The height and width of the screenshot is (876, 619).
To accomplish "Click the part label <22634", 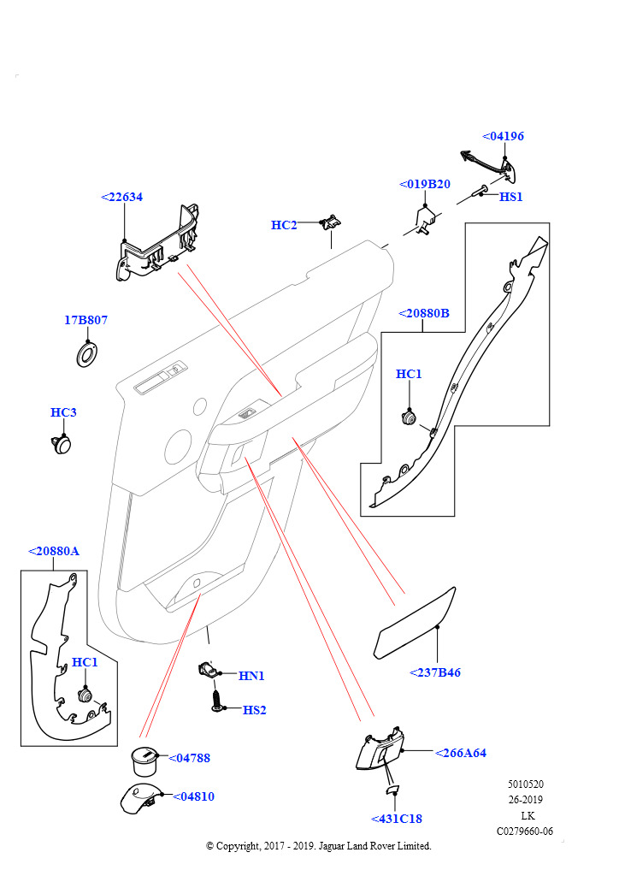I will pyautogui.click(x=121, y=197).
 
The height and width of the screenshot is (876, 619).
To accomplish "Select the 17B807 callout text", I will pyautogui.click(x=85, y=320).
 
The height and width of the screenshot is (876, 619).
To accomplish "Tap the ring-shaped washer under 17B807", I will pyautogui.click(x=86, y=353).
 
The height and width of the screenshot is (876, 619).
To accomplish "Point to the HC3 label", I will pyautogui.click(x=63, y=412).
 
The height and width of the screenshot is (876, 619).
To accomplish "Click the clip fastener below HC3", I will pyautogui.click(x=61, y=442).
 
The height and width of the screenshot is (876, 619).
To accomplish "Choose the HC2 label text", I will pyautogui.click(x=284, y=225).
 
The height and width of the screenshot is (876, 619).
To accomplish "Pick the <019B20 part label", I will pyautogui.click(x=424, y=184).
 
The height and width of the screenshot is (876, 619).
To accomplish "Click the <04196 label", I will pyautogui.click(x=503, y=136).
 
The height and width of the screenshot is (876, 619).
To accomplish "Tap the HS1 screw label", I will pyautogui.click(x=510, y=197).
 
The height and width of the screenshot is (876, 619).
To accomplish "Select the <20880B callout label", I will pyautogui.click(x=423, y=313).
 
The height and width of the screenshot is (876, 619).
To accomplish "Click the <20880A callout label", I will pyautogui.click(x=53, y=551).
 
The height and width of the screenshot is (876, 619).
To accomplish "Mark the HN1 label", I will pyautogui.click(x=251, y=676).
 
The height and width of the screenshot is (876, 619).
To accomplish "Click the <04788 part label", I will pyautogui.click(x=189, y=758).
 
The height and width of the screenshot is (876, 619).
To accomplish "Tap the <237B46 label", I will pyautogui.click(x=435, y=672).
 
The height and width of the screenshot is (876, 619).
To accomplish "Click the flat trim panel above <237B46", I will pyautogui.click(x=416, y=625).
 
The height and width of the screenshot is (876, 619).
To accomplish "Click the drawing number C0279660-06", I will pyautogui.click(x=525, y=831).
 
